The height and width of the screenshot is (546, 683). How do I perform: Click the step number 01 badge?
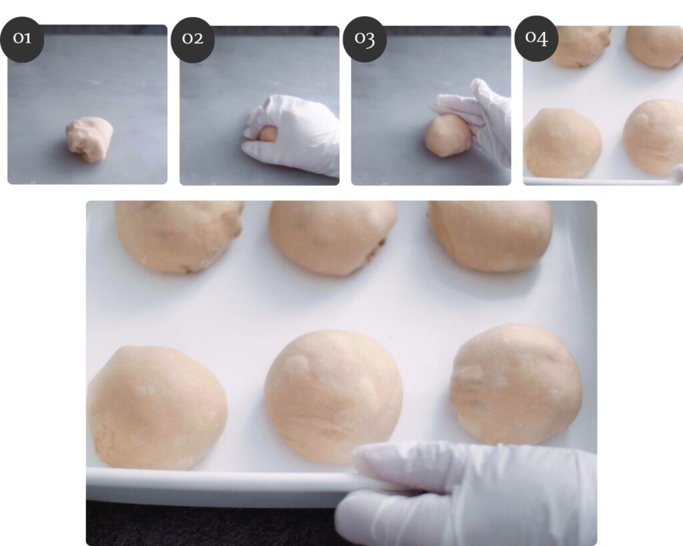pyautogui.click(x=22, y=39)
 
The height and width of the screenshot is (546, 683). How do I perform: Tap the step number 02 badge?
pyautogui.click(x=193, y=39)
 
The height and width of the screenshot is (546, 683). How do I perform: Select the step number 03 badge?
pyautogui.click(x=365, y=39)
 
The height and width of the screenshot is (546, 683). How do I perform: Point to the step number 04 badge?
pyautogui.click(x=536, y=38)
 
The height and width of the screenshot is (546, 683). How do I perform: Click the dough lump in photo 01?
pyautogui.click(x=89, y=139)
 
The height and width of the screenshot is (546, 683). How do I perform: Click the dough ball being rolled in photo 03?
pyautogui.click(x=446, y=136)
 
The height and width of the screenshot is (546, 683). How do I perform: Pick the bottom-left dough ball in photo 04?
pyautogui.click(x=562, y=143)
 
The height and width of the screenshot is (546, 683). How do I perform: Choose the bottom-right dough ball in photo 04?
pyautogui.click(x=654, y=137)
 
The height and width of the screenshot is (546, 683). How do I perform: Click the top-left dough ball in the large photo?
pyautogui.click(x=179, y=237)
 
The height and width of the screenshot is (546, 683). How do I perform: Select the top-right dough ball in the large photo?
pyautogui.click(x=491, y=236)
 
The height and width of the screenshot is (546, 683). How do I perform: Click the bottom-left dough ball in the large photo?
pyautogui.click(x=157, y=407)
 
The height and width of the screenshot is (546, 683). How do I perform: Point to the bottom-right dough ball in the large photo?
pyautogui.click(x=516, y=385)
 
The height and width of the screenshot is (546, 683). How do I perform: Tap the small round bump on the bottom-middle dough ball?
pyautogui.click(x=298, y=364)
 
